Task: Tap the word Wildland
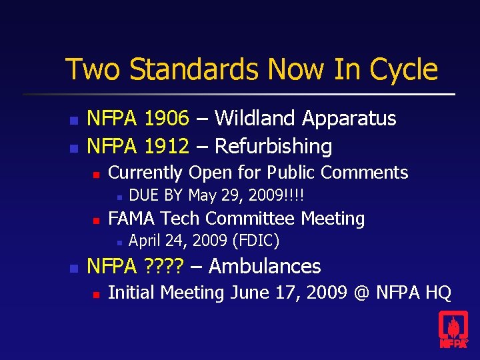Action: point(256,119)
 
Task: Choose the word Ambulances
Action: point(265,267)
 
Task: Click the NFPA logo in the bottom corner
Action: point(453,330)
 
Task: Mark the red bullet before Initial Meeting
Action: point(96,294)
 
